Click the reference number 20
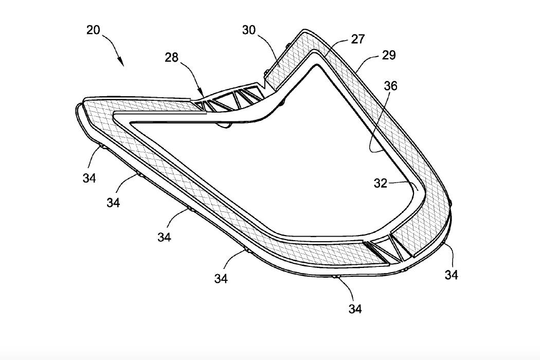click(93, 30)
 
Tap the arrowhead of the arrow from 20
click(122, 64)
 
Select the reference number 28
click(172, 57)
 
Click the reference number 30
click(249, 30)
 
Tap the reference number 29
click(389, 55)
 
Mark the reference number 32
click(381, 184)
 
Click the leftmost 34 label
click(89, 178)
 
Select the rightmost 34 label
click(452, 275)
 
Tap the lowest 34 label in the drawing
click(355, 309)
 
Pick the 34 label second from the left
click(114, 203)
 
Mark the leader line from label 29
click(366, 64)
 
